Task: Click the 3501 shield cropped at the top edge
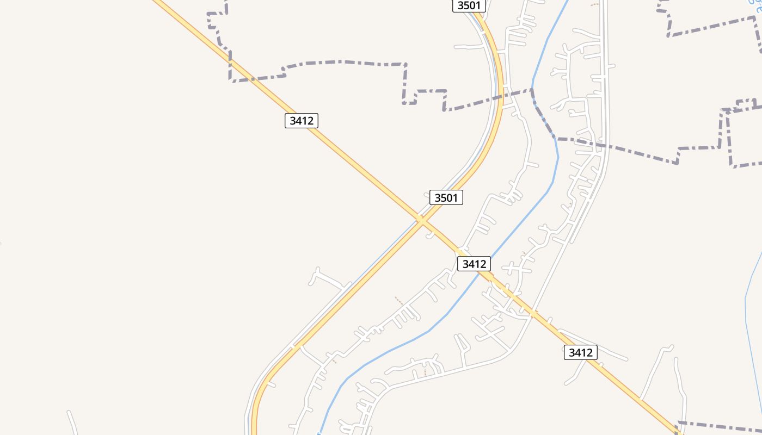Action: [x=469, y=5]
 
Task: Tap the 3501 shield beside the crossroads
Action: [x=446, y=197]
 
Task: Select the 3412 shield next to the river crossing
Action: [x=474, y=264]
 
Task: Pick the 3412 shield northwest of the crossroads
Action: [x=301, y=120]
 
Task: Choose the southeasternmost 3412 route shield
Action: [x=580, y=352]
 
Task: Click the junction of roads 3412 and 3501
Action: [x=421, y=220]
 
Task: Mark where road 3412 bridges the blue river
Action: [x=482, y=272]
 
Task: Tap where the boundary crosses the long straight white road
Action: [x=604, y=145]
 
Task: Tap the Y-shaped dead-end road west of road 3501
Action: [x=327, y=278]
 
